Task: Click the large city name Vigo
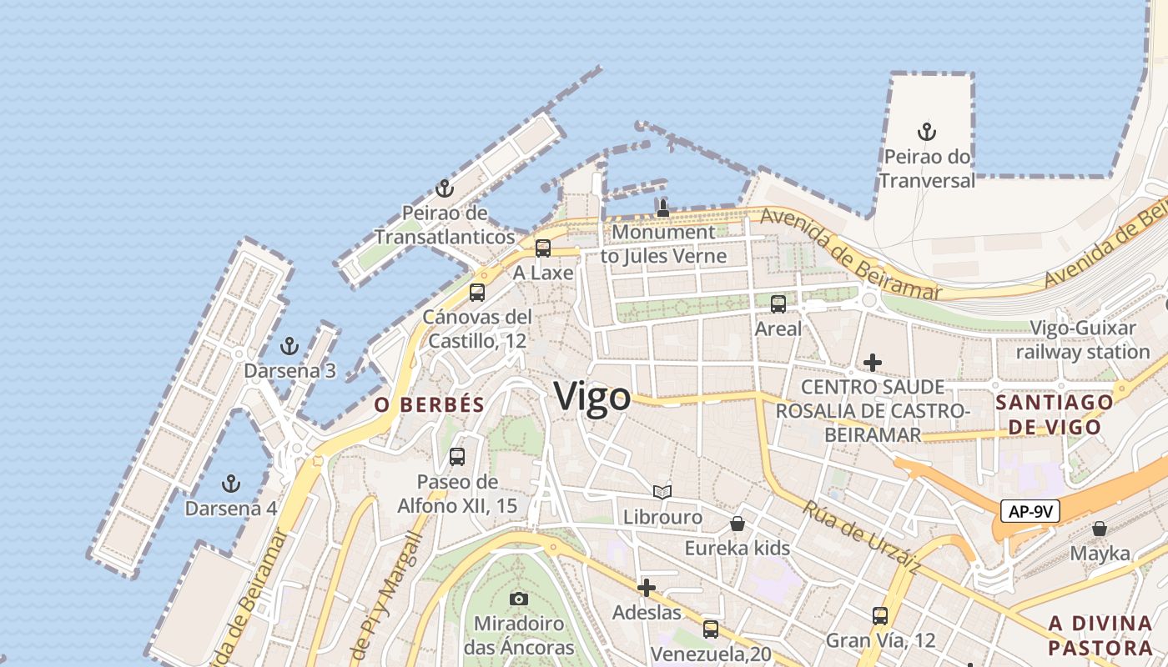tap(592, 396)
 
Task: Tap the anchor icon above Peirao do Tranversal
tap(926, 132)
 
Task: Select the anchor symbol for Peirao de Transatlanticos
tap(445, 188)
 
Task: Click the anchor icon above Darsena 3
tap(289, 346)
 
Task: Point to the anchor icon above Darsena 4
tap(230, 484)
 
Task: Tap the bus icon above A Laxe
tap(543, 248)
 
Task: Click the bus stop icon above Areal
tap(778, 304)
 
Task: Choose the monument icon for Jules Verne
tap(663, 208)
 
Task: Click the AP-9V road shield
tap(1030, 511)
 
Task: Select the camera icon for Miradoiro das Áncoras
tap(519, 599)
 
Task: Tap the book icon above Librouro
tap(662, 493)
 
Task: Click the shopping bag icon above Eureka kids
tap(738, 524)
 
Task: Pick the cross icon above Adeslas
tap(646, 588)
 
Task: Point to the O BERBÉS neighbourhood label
tap(429, 405)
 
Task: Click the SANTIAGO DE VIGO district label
tap(1054, 414)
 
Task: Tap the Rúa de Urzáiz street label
tap(863, 537)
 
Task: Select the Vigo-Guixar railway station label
tap(1082, 339)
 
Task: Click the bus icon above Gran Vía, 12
tap(880, 616)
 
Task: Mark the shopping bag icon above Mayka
tap(1100, 529)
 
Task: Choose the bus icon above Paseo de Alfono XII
tap(457, 457)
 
